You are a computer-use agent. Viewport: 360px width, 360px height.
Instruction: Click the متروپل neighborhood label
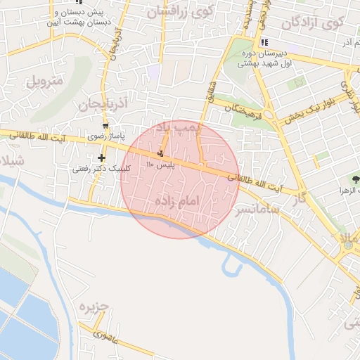(44, 80)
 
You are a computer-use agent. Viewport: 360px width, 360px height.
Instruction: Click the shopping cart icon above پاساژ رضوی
(105, 125)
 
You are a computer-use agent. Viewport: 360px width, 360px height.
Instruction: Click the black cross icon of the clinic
(102, 157)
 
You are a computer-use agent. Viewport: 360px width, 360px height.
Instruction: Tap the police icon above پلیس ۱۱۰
(162, 153)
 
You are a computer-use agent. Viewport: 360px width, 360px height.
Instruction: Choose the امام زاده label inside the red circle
(177, 202)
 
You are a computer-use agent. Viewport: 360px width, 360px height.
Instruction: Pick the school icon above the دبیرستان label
(264, 42)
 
